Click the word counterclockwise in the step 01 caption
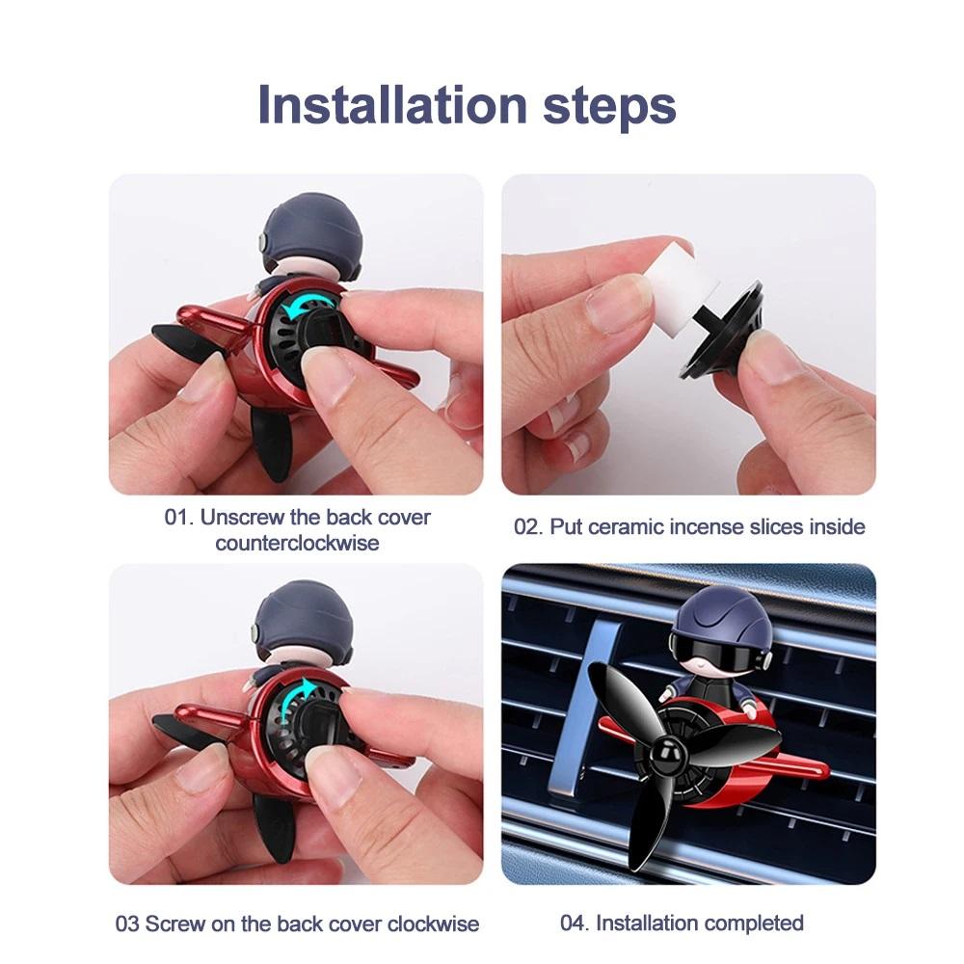pos(297,544)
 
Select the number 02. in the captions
pos(528,527)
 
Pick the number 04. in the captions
pos(575,923)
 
